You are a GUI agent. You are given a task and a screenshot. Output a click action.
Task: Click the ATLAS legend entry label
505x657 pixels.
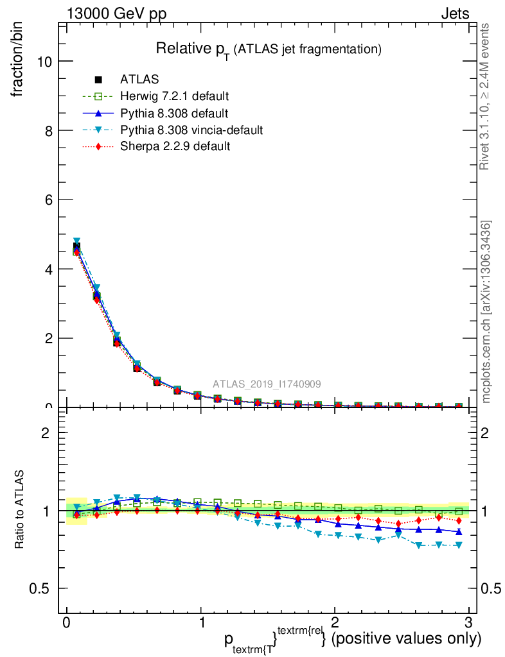(139, 80)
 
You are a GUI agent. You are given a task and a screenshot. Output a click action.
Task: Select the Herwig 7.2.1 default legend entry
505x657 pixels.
(174, 97)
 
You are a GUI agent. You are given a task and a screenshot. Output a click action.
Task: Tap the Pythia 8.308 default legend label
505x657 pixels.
(173, 114)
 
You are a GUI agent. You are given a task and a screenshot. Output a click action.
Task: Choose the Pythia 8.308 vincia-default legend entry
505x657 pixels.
(191, 130)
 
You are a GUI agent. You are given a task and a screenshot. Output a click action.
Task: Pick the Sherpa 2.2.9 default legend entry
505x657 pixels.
(175, 147)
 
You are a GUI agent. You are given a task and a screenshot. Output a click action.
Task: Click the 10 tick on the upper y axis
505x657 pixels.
(45, 61)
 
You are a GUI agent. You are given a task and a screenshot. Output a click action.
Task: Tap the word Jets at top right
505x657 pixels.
(454, 14)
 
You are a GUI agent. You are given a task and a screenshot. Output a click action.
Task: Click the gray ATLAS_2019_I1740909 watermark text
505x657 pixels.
(267, 384)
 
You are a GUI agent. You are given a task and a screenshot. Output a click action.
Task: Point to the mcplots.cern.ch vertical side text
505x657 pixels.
(486, 312)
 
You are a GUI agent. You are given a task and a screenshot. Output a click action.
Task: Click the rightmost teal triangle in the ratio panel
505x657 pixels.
(458, 545)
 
